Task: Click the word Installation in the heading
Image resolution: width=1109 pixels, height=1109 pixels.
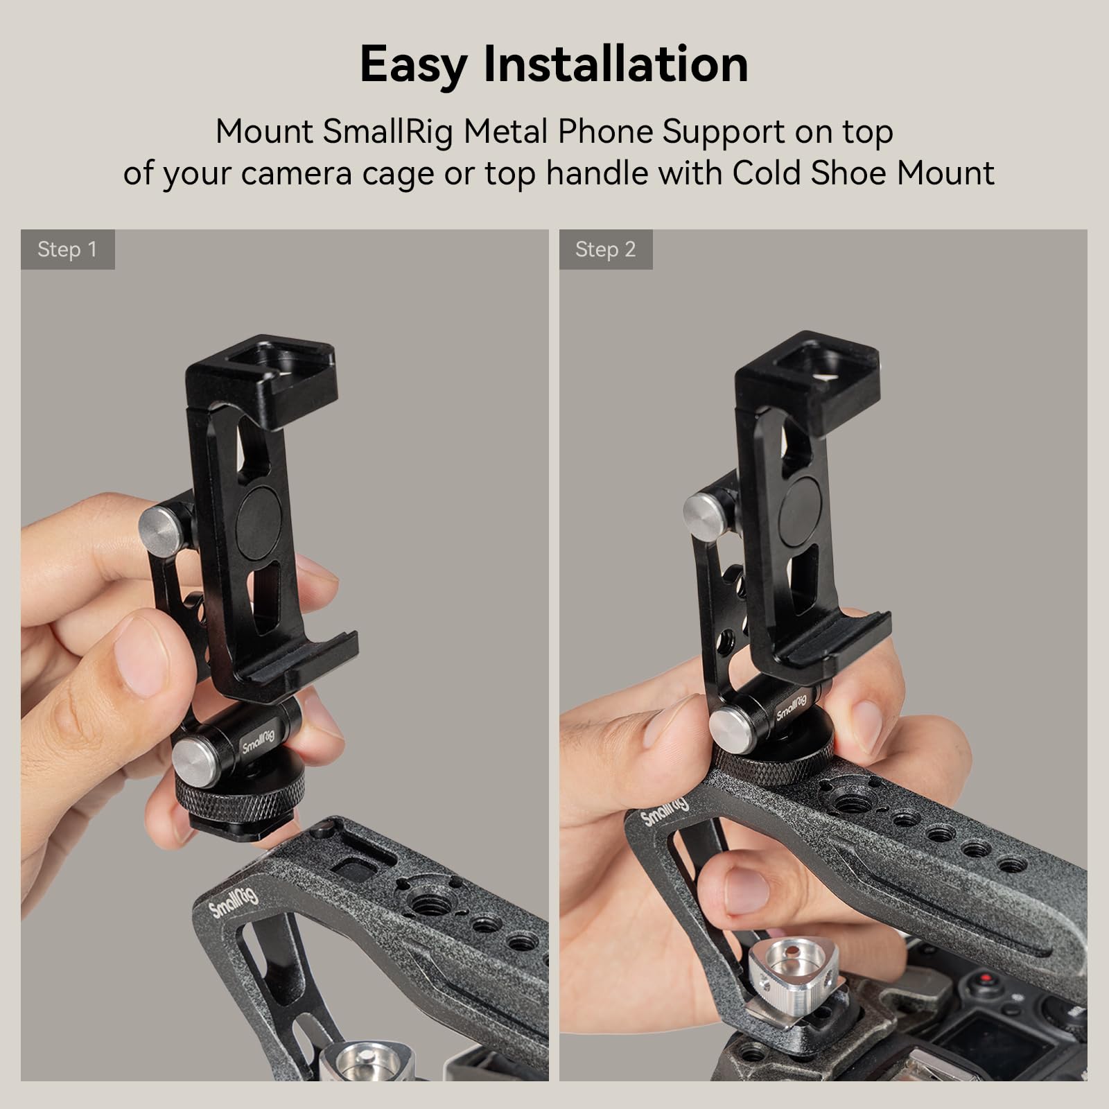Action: (615, 64)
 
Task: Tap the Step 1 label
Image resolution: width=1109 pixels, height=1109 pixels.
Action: (67, 250)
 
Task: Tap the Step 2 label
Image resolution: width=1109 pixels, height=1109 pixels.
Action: (605, 250)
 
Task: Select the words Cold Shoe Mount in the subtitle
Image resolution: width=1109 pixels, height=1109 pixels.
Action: (863, 173)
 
